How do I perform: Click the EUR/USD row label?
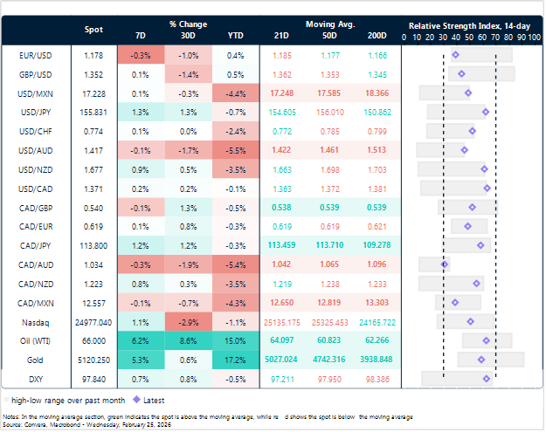(39, 55)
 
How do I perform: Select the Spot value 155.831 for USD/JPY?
(93, 112)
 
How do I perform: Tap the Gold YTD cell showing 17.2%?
(236, 358)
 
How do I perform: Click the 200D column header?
(377, 36)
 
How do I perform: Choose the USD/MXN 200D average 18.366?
(377, 93)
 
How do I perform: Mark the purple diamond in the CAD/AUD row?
(445, 264)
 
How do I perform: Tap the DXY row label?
(39, 377)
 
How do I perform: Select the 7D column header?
(142, 36)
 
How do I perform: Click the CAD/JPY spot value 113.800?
(93, 244)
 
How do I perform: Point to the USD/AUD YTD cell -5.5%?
(236, 149)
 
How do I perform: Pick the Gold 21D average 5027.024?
(283, 358)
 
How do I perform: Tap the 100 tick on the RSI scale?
(533, 38)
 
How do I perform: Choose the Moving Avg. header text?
(330, 24)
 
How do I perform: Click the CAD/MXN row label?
(39, 301)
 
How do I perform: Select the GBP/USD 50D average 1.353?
(330, 73)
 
